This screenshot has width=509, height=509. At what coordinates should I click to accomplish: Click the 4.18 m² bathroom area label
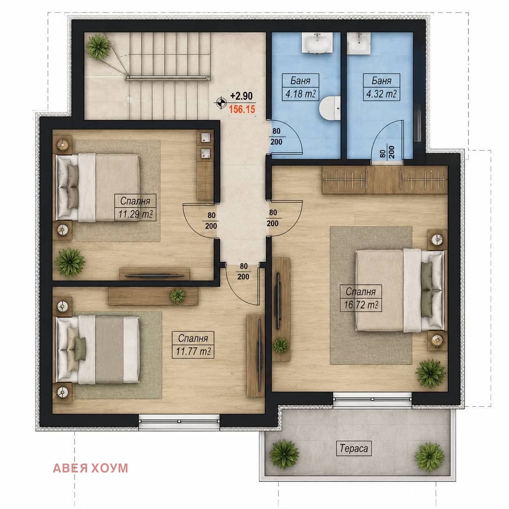pos(301,94)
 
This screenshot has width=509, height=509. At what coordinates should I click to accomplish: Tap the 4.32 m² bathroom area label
pos(382,94)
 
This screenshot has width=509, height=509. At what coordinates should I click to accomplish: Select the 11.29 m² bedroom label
pos(135,214)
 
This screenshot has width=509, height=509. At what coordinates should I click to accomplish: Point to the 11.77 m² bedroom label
pos(193,352)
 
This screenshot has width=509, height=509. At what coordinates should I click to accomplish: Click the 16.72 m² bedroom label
pos(361,305)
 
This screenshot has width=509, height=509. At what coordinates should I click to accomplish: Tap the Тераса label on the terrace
pos(354,448)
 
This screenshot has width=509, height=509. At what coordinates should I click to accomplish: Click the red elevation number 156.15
pos(242,109)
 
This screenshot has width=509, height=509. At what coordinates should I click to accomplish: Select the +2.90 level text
pos(242,96)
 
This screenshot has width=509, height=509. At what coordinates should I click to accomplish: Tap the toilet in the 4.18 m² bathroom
pos(330,108)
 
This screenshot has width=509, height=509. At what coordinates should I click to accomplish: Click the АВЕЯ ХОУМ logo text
pos(91,468)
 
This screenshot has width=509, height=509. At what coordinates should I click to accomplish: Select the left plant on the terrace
pos(284,454)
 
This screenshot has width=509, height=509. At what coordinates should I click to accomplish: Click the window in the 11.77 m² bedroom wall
pos(179,421)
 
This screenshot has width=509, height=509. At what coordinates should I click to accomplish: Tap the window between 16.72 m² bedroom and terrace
pos(372,399)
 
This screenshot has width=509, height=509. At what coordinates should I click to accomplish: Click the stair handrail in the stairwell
pos(168,78)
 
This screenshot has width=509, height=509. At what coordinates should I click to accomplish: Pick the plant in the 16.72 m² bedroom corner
pos(430,373)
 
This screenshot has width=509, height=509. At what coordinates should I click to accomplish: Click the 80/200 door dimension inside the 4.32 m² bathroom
pos(387,152)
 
